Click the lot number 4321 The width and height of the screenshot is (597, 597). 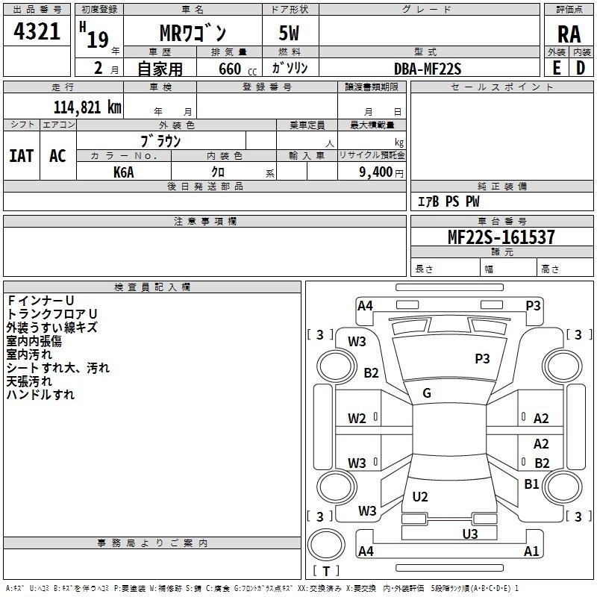(37, 31)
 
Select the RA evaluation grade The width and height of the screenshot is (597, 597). (569, 34)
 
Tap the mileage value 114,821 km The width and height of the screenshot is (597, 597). (87, 107)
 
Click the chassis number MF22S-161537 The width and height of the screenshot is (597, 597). (501, 237)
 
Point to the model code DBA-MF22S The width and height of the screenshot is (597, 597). (428, 69)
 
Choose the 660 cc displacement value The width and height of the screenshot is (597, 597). (237, 69)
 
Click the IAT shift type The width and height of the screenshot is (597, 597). (22, 156)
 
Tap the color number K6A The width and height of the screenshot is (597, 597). (124, 172)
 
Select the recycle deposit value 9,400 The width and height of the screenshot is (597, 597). (376, 172)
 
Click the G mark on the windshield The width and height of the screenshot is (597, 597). (427, 393)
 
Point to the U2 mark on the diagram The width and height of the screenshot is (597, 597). (420, 496)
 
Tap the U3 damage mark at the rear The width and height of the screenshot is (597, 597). (470, 534)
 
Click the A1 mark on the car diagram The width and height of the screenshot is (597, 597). (531, 551)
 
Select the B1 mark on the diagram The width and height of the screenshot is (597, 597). (531, 484)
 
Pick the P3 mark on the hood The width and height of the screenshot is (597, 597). (482, 358)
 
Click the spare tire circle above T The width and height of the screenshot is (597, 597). (326, 545)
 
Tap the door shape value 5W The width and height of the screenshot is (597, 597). (289, 33)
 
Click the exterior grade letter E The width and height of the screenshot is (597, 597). (557, 68)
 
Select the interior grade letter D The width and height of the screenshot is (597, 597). (581, 68)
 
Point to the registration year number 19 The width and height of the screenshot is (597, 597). (98, 40)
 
